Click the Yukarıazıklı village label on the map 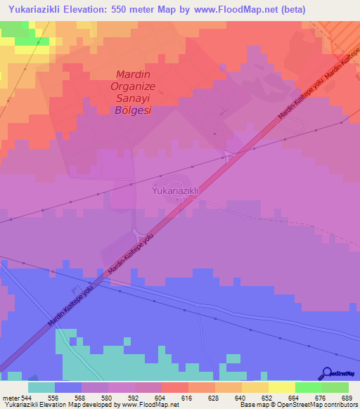point(176,190)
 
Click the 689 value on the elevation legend point(347,398)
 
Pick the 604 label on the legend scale point(158,398)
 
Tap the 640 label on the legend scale point(239,398)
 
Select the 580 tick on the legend point(105,398)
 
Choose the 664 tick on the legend point(293,398)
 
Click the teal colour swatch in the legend point(41,387)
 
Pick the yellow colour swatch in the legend point(282,387)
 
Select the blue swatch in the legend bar point(68,387)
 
